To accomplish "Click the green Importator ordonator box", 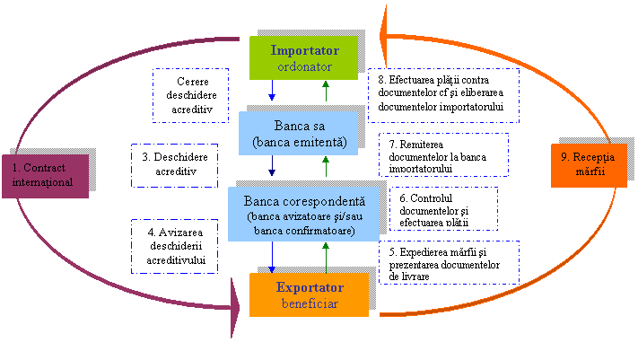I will (303, 57).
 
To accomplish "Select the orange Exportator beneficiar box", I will (309, 295).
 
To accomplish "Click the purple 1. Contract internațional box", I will (50, 176).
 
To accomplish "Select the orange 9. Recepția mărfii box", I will (588, 165).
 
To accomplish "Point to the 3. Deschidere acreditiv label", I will (174, 165).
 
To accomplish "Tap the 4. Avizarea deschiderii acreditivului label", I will (175, 247).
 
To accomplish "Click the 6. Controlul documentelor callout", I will (443, 208).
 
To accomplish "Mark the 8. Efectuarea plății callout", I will (443, 93).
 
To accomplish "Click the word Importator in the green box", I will (303, 49).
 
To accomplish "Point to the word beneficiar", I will (309, 304).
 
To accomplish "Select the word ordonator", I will (303, 66).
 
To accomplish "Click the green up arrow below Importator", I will (326, 90).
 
